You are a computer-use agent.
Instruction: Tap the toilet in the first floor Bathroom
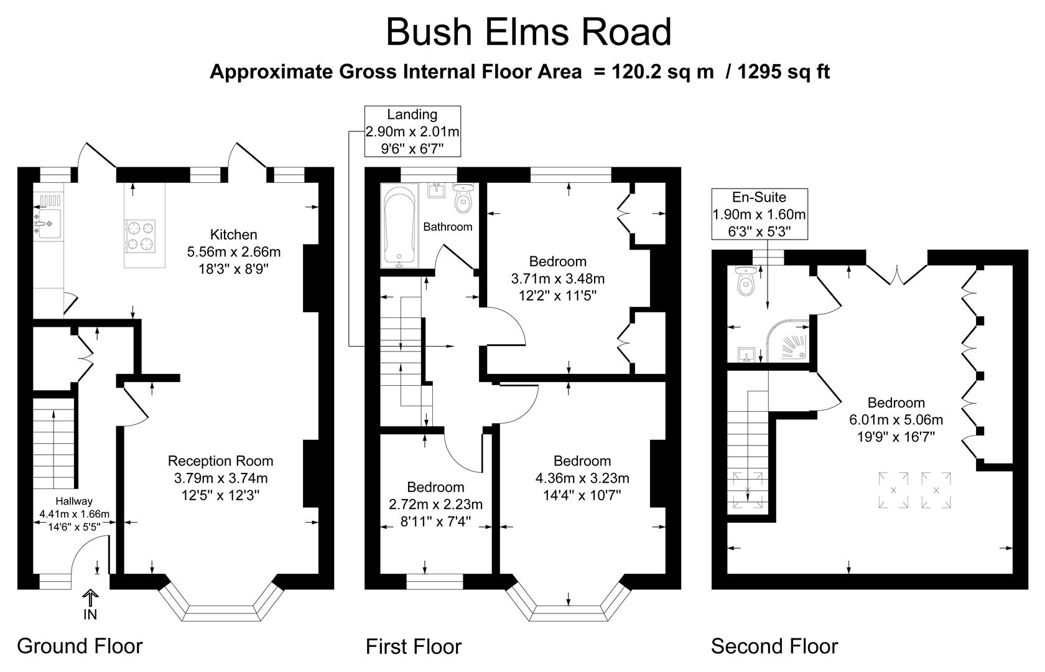click(x=463, y=198)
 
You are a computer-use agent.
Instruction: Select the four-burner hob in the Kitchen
click(x=140, y=236)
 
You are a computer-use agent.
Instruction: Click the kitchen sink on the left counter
click(x=48, y=223)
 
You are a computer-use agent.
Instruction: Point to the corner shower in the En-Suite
click(x=787, y=341)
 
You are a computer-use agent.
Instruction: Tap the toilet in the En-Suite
click(x=746, y=281)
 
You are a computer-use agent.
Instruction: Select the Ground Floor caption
click(x=80, y=646)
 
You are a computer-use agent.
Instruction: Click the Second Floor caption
click(x=774, y=646)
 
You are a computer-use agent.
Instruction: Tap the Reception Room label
click(x=220, y=461)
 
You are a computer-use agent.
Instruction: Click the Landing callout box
click(x=412, y=131)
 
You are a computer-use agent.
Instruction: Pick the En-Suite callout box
click(x=759, y=214)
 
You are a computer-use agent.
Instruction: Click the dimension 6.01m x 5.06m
click(x=896, y=419)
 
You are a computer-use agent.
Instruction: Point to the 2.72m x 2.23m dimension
click(x=435, y=505)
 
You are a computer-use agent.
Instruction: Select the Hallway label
click(x=73, y=502)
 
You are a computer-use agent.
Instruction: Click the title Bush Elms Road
click(x=529, y=32)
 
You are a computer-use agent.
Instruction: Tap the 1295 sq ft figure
click(x=783, y=72)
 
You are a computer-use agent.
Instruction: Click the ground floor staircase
click(x=53, y=443)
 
